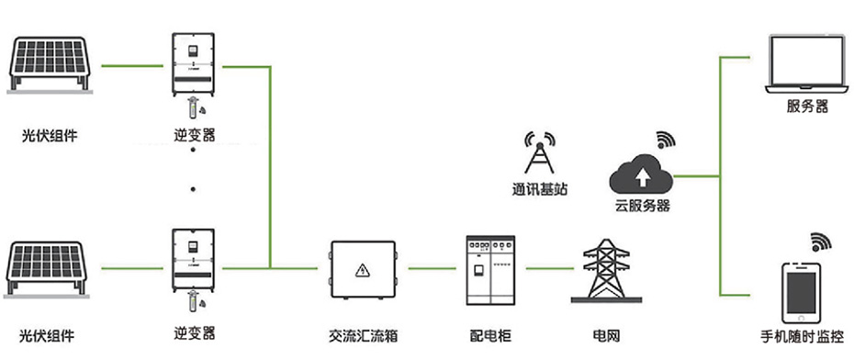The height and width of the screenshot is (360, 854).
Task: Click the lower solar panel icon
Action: pyautogui.click(x=50, y=271)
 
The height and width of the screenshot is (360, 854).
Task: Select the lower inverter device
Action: pyautogui.click(x=194, y=260)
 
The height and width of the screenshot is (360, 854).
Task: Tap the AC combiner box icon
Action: pyautogui.click(x=363, y=269)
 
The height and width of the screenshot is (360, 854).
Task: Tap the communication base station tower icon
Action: pyautogui.click(x=539, y=154)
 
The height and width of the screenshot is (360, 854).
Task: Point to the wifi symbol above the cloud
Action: pyautogui.click(x=665, y=141)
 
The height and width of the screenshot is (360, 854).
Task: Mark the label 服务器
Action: pyautogui.click(x=807, y=107)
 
